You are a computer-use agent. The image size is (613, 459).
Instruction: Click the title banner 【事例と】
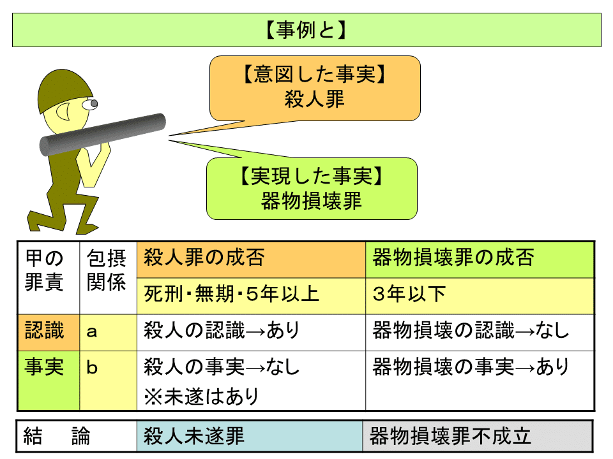point(306,30)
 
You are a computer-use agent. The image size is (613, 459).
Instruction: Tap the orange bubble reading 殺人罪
point(315,88)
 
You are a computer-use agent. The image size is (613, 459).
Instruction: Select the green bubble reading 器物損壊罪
point(312,189)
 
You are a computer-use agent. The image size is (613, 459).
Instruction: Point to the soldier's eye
point(90,104)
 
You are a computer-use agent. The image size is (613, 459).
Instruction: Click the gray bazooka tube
point(102,135)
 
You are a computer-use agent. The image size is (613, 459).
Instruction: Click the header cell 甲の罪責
point(49,278)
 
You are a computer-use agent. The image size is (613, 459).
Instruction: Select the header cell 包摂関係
point(109,278)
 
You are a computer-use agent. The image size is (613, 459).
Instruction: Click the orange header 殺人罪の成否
point(251,260)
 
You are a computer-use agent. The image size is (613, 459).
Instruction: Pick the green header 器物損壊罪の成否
point(480,260)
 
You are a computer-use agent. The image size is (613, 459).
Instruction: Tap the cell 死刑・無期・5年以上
point(251,296)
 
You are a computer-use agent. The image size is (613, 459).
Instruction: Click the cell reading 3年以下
point(480,296)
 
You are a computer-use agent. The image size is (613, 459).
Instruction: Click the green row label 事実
point(49,381)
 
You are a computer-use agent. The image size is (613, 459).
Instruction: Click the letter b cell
point(109,381)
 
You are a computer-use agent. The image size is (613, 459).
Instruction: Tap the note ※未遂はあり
point(201,397)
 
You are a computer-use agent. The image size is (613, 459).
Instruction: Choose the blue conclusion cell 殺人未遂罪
point(250,436)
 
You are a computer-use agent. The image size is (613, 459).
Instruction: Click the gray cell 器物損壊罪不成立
point(478,436)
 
